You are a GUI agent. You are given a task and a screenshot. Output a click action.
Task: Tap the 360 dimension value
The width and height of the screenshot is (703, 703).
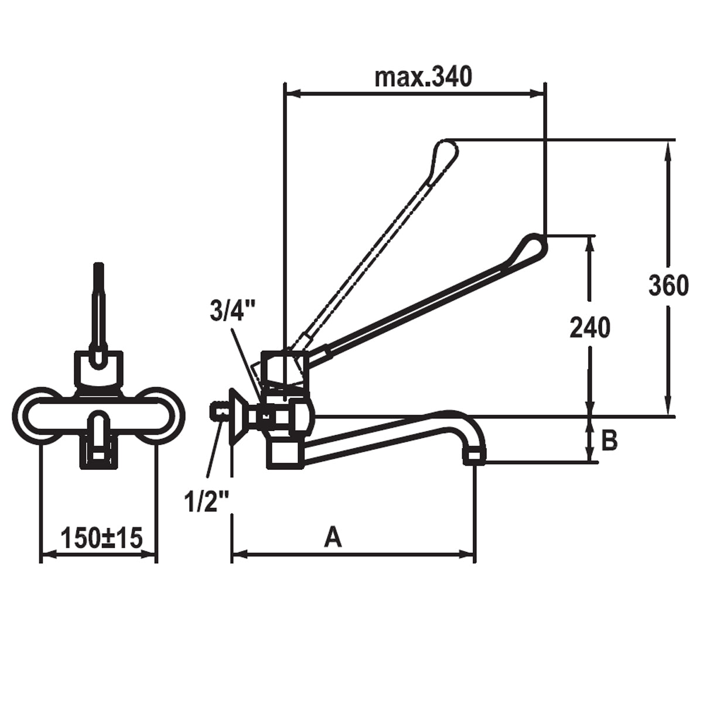coord(668,286)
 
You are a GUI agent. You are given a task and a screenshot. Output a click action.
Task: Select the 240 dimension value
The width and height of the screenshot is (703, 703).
coord(590,327)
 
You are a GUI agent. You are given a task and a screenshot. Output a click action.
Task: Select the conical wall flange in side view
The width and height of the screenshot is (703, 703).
coord(237,417)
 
